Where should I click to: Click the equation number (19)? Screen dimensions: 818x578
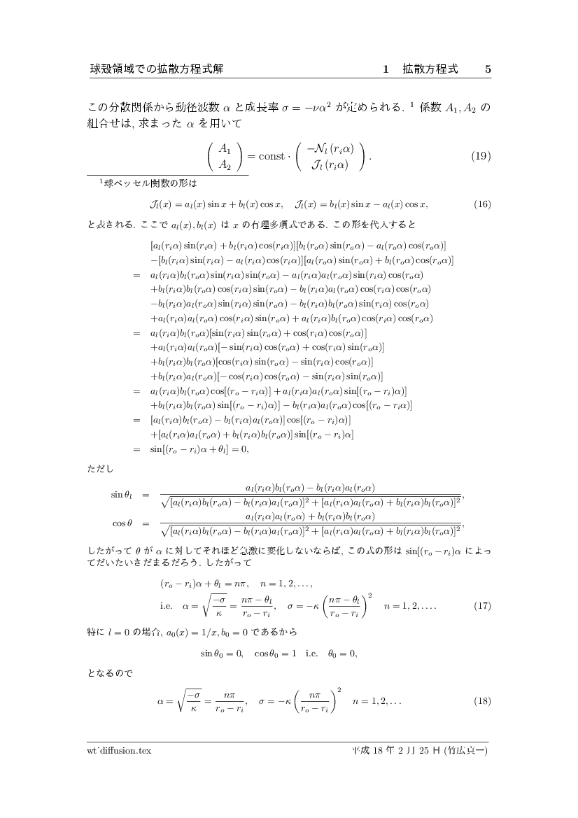click(480, 157)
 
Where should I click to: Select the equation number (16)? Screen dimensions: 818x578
click(481, 204)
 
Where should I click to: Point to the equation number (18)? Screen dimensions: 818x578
click(481, 700)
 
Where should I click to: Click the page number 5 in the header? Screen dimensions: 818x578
click(488, 69)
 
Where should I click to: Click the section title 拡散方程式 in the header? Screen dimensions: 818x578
click(430, 69)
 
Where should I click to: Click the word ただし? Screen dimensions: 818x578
click(101, 467)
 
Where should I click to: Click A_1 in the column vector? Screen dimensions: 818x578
click(225, 148)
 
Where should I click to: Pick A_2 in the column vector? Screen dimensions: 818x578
click(225, 165)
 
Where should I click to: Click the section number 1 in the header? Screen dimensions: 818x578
click(386, 69)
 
